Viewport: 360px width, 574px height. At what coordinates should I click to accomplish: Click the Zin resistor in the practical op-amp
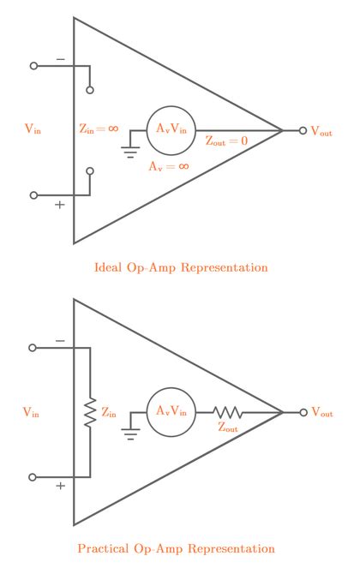(89, 412)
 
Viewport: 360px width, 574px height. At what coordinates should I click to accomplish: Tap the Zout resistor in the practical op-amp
(229, 412)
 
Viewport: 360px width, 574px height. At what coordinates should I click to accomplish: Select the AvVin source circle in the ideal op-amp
(171, 130)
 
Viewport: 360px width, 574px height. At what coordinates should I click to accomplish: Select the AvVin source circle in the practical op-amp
(171, 412)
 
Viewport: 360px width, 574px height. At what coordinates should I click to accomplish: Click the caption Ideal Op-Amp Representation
(180, 267)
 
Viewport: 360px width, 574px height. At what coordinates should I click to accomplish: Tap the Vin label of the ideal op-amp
(33, 130)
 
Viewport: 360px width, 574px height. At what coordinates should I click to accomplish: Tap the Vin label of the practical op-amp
(33, 413)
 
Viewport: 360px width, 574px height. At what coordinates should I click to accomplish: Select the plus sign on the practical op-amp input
(60, 487)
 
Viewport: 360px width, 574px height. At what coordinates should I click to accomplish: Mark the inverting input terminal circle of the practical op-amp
(34, 348)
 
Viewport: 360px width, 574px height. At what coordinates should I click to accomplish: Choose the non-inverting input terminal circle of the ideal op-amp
(34, 195)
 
